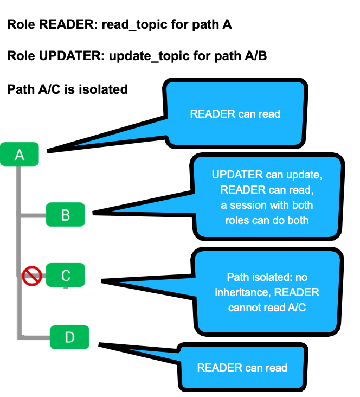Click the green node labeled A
(x=20, y=155)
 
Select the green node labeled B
(x=65, y=215)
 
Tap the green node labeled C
(x=65, y=276)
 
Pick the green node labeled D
(x=69, y=337)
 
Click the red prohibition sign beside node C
(x=32, y=276)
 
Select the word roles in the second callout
(x=237, y=220)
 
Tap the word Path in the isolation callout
(x=237, y=277)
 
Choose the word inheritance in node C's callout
(x=242, y=292)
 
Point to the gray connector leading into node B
(x=33, y=215)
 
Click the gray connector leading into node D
(x=35, y=337)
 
